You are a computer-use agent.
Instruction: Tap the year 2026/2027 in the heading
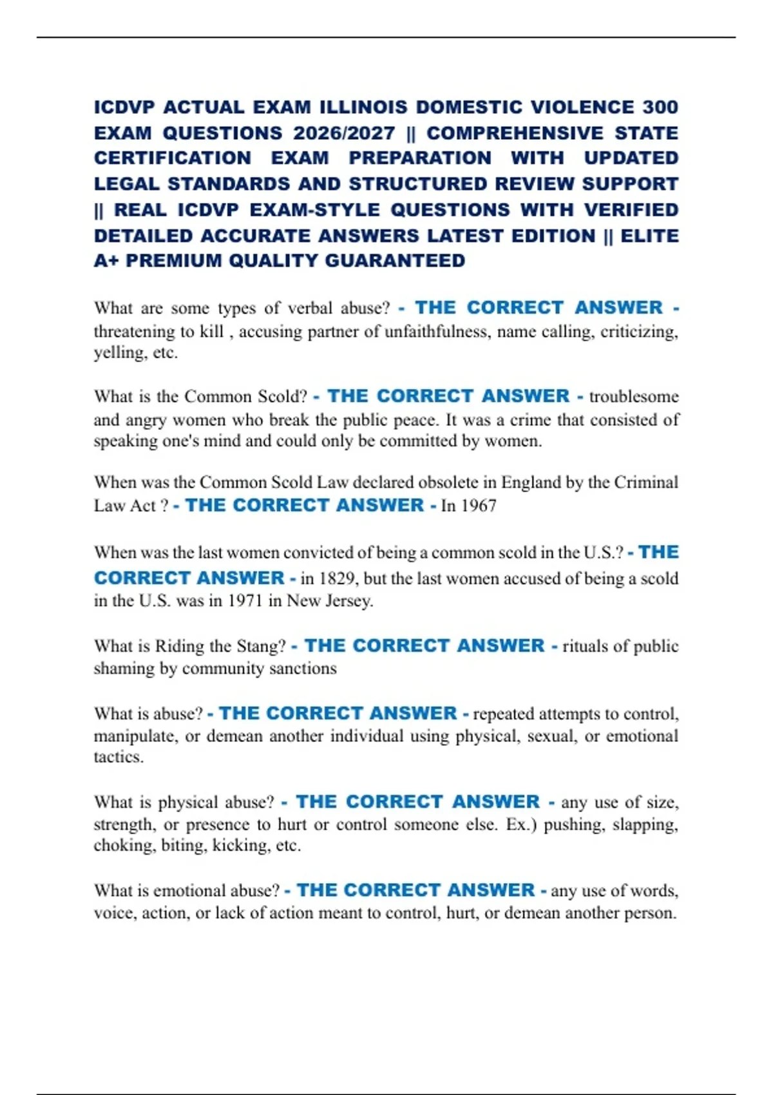click(344, 133)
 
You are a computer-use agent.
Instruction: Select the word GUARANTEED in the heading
click(395, 261)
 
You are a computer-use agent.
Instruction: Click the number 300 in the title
click(660, 107)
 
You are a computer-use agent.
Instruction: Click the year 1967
click(479, 506)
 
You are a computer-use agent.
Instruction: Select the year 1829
click(338, 578)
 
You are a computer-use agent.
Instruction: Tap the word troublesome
click(634, 396)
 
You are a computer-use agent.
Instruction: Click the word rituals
click(587, 646)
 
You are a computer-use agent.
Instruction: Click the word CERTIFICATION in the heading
click(173, 158)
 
